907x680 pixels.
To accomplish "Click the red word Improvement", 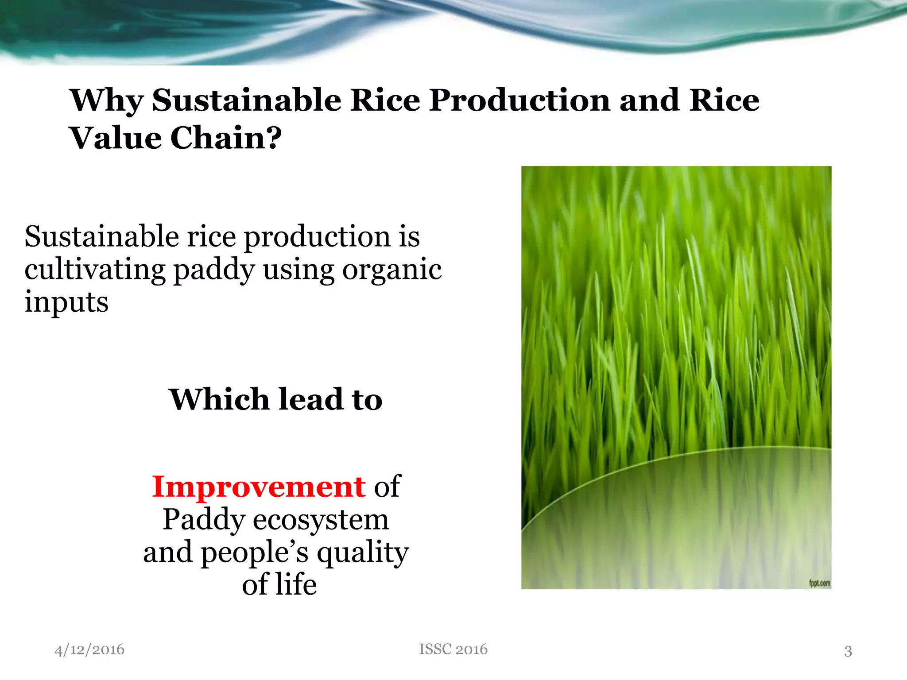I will pyautogui.click(x=259, y=487).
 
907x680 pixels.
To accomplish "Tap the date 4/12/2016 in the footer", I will pyautogui.click(x=89, y=649).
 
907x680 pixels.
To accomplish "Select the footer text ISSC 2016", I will pyautogui.click(x=453, y=649).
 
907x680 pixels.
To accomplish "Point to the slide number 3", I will pyautogui.click(x=848, y=651).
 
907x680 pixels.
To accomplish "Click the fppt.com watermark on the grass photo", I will pyautogui.click(x=819, y=583).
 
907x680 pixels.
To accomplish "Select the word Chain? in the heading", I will pyautogui.click(x=225, y=138).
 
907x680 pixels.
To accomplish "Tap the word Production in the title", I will pyautogui.click(x=520, y=100).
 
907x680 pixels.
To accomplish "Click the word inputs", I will pyautogui.click(x=66, y=302).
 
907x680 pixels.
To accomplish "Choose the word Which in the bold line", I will pyautogui.click(x=219, y=399).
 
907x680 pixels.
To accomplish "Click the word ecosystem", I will pyautogui.click(x=321, y=520).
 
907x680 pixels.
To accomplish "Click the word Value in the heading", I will pyautogui.click(x=116, y=138).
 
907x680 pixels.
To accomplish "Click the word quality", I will pyautogui.click(x=363, y=553).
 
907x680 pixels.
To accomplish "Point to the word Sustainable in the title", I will pyautogui.click(x=246, y=100).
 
